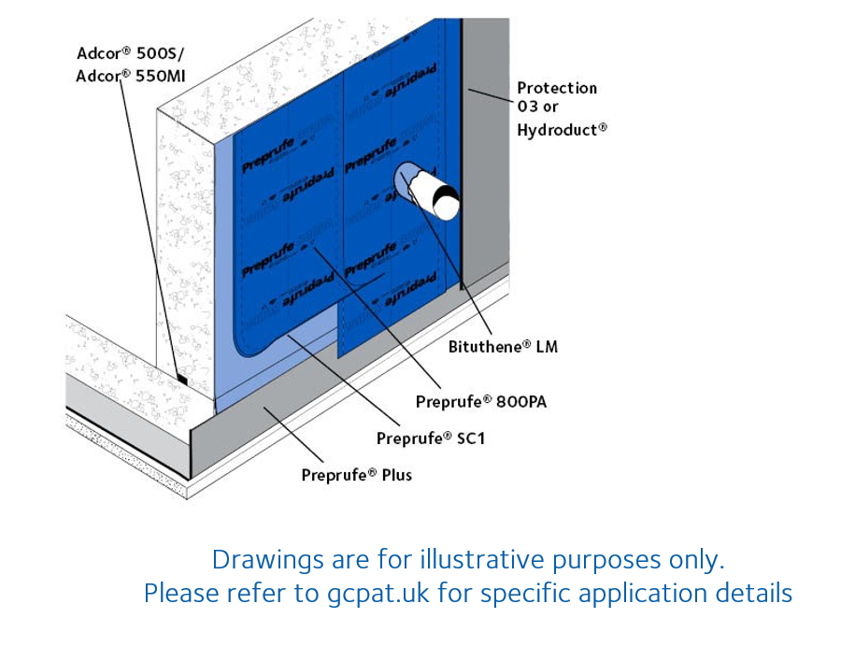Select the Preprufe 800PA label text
[x=480, y=401]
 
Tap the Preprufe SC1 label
[x=431, y=438]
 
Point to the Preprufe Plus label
[x=356, y=474]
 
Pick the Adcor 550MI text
[x=126, y=76]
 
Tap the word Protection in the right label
[x=557, y=88]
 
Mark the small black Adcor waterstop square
[x=183, y=381]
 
